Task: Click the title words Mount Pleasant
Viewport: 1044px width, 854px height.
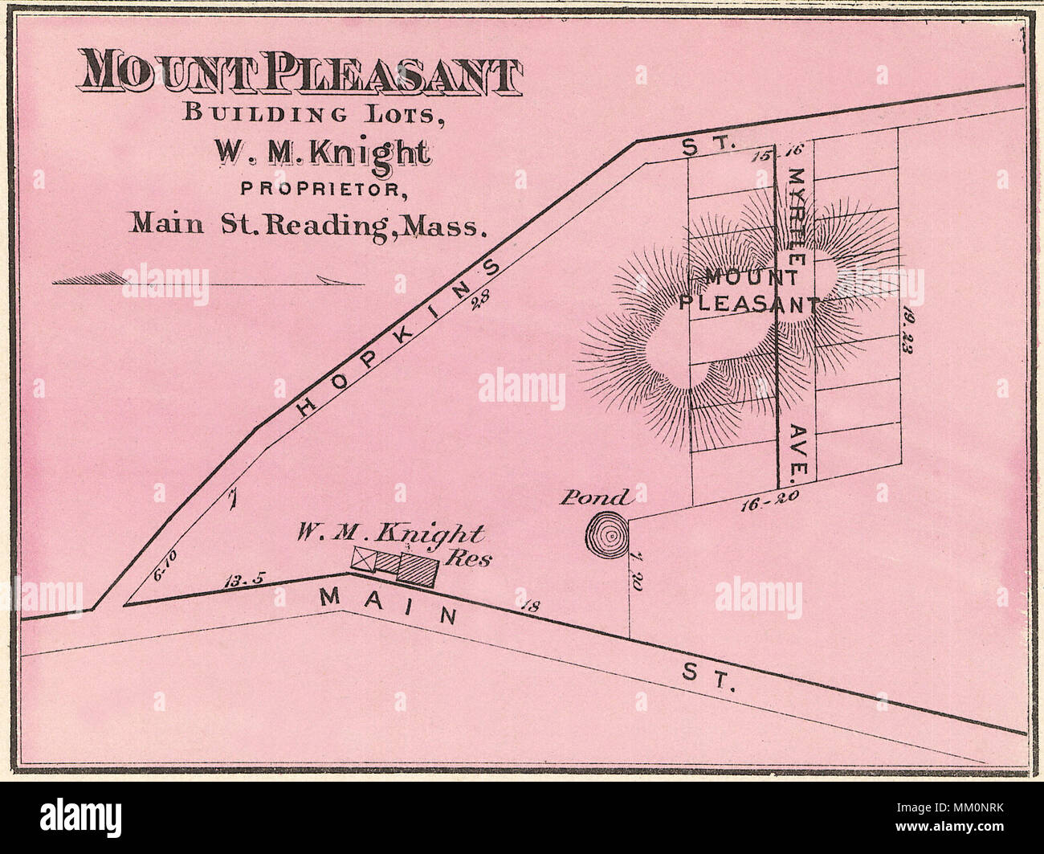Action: [299, 74]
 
